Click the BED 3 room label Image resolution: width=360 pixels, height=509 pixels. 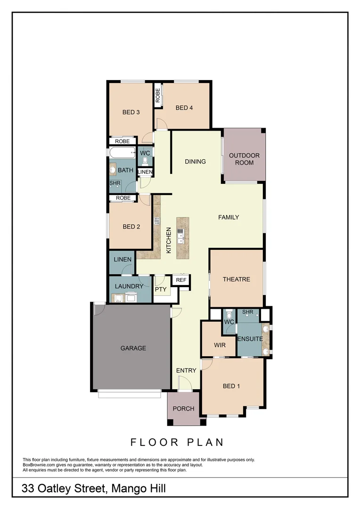tap(131, 112)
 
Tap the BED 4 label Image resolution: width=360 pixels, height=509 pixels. tap(184, 108)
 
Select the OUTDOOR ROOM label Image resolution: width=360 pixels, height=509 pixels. tap(244, 159)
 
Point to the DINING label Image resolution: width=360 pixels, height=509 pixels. tap(195, 162)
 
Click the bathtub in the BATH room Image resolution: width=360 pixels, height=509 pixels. tap(122, 153)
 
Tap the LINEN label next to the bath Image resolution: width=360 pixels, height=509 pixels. tap(145, 172)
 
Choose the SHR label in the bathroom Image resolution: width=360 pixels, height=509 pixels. tap(115, 183)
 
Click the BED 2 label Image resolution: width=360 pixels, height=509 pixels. tap(131, 227)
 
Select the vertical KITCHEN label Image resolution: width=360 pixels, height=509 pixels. tap(168, 240)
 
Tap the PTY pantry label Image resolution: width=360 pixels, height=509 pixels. tap(161, 289)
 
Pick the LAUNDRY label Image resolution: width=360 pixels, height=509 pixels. tap(129, 286)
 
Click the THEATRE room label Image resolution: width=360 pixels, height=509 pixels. tap(237, 279)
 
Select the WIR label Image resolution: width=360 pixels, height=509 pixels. tap(220, 345)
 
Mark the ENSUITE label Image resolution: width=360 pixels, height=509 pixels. tap(249, 338)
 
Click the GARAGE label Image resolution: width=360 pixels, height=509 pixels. tap(133, 348)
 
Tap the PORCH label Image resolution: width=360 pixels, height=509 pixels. tap(183, 409)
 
